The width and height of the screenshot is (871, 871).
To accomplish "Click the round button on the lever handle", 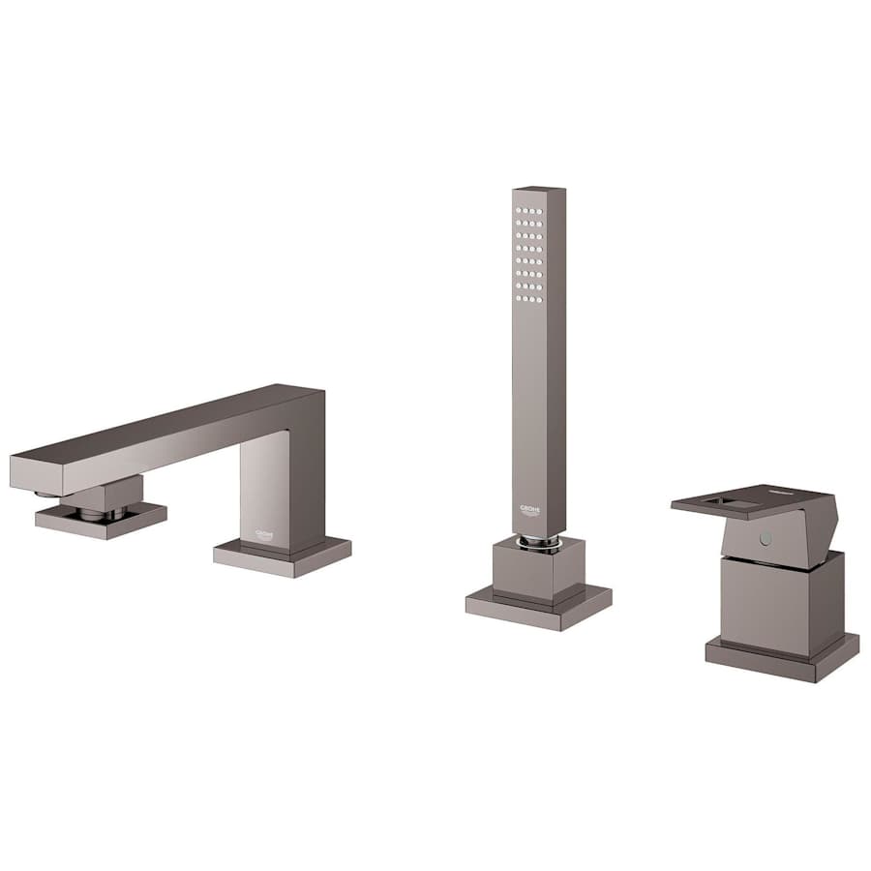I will pos(766,537).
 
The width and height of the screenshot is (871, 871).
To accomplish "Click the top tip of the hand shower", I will pos(538,189).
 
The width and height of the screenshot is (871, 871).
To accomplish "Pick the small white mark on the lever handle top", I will pos(805,494).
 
